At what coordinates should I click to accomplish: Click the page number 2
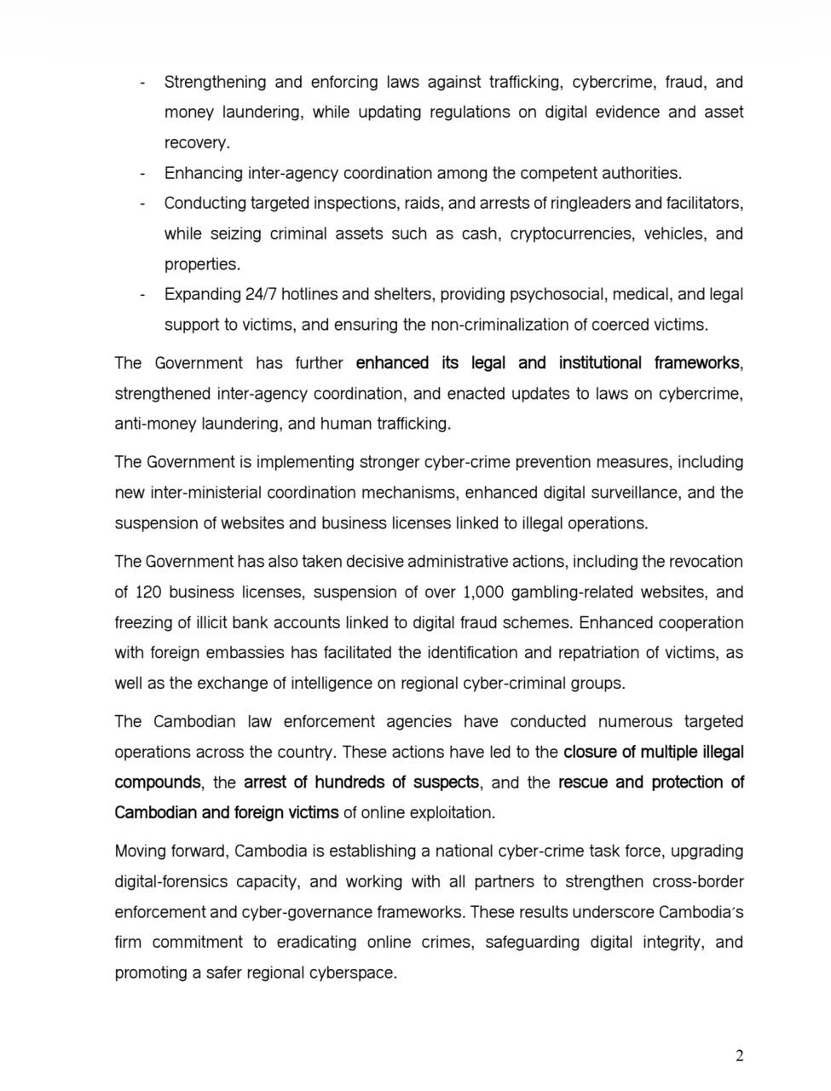[x=739, y=1056]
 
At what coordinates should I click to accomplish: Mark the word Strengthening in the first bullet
[x=214, y=82]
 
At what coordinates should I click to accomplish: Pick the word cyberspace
[x=351, y=973]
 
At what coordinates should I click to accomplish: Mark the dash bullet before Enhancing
[x=143, y=174]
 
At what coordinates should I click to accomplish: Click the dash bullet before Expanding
[x=143, y=295]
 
